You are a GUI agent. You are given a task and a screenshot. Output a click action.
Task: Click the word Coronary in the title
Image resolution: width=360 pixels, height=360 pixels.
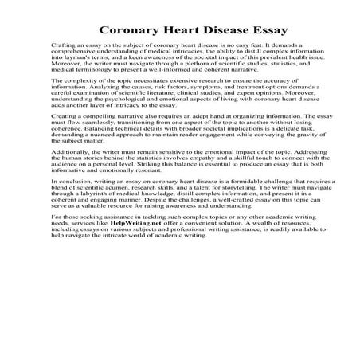(129, 31)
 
